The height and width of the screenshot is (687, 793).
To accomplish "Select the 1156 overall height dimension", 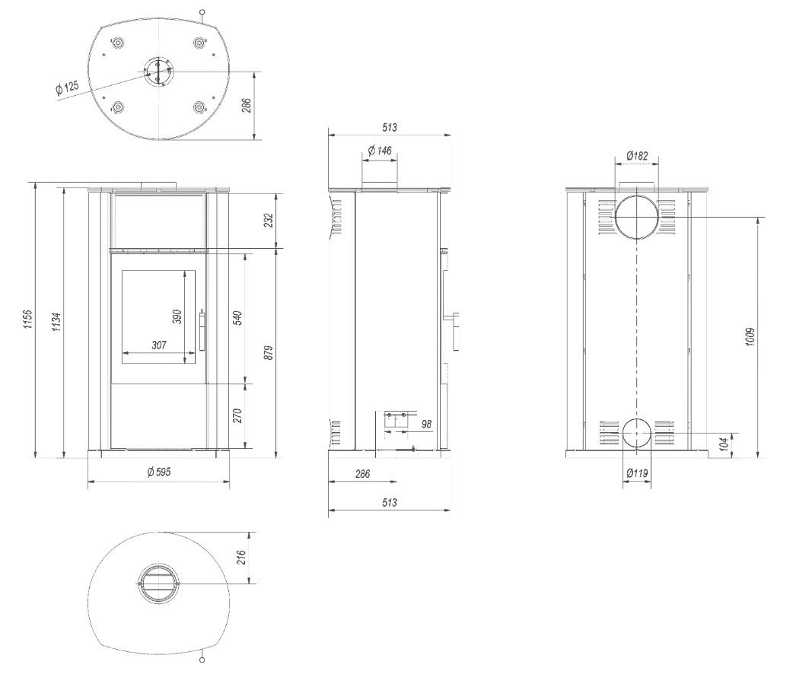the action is point(28,320).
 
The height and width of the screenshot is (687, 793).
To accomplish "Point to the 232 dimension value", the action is point(268,220).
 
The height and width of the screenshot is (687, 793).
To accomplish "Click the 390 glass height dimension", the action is point(177,316).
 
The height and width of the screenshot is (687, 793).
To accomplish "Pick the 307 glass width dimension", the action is point(159,345).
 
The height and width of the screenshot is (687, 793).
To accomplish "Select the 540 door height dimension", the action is point(238,317).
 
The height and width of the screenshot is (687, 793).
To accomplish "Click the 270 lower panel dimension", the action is point(238,415).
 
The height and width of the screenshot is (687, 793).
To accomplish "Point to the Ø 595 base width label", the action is point(159,472).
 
